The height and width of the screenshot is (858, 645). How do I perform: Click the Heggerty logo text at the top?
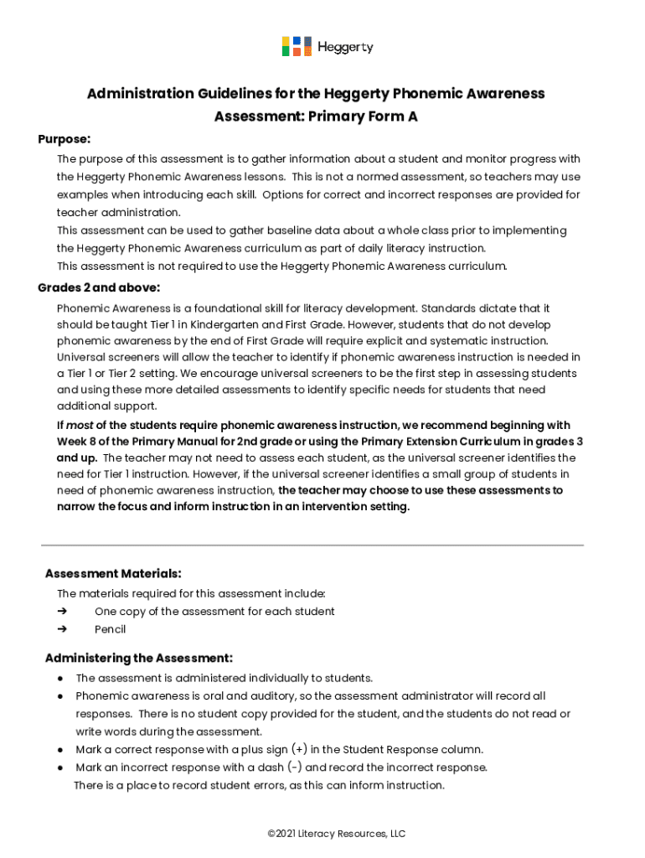pyautogui.click(x=344, y=47)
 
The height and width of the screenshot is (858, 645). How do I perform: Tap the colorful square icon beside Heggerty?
pyautogui.click(x=297, y=47)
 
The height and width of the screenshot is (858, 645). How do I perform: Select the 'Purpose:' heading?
pyautogui.click(x=64, y=138)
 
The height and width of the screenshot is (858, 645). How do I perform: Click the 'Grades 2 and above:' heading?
pyautogui.click(x=98, y=287)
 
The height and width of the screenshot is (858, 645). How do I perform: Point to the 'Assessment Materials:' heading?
pyautogui.click(x=112, y=574)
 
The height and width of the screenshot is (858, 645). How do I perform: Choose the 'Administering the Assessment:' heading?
pyautogui.click(x=138, y=658)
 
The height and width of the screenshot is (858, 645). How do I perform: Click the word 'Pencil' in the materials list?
pyautogui.click(x=110, y=629)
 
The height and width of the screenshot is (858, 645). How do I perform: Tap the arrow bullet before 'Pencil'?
pyautogui.click(x=62, y=629)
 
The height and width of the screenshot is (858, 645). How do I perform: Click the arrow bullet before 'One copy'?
pyautogui.click(x=62, y=612)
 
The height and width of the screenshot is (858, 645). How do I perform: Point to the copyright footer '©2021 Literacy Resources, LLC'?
pyautogui.click(x=336, y=834)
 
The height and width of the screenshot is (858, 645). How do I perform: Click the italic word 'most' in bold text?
pyautogui.click(x=80, y=426)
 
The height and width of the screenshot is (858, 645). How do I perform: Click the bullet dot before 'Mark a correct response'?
pyautogui.click(x=61, y=750)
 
